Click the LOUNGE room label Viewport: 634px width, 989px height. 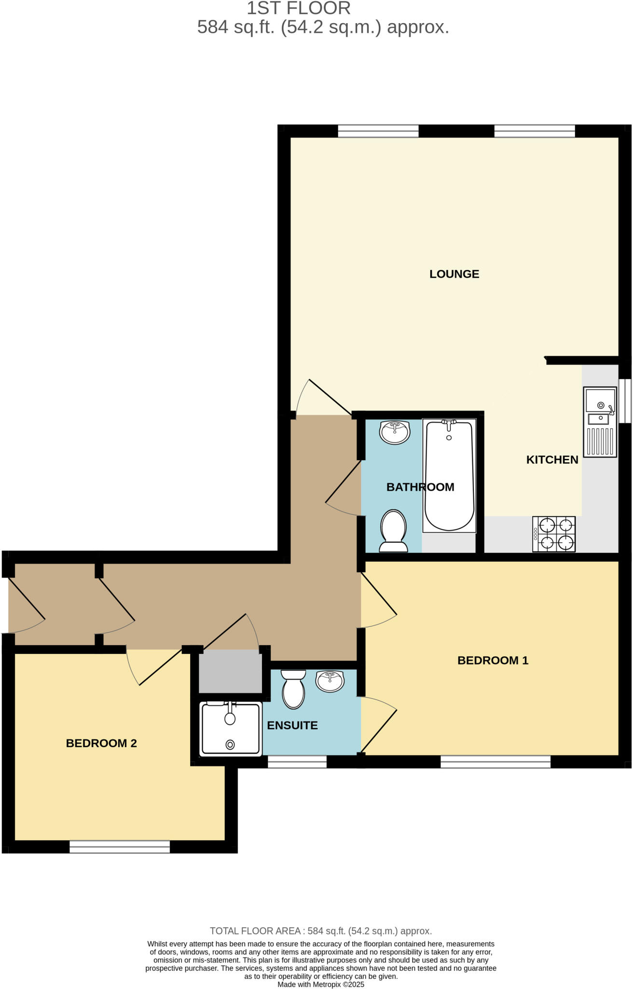pyautogui.click(x=454, y=274)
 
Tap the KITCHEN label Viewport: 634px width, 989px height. pyautogui.click(x=552, y=459)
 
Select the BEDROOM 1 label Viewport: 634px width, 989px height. pyautogui.click(x=493, y=660)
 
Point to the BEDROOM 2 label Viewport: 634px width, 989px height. pyautogui.click(x=101, y=743)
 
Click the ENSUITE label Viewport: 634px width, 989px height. pyautogui.click(x=292, y=725)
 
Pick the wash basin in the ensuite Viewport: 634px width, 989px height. pyautogui.click(x=330, y=681)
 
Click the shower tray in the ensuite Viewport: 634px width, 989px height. pyautogui.click(x=231, y=729)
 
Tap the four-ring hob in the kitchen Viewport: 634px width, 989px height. pyautogui.click(x=554, y=534)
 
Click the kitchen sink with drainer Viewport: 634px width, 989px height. pyautogui.click(x=600, y=422)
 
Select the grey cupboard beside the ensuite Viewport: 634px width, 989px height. pyautogui.click(x=230, y=671)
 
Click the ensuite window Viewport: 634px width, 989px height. pyautogui.click(x=297, y=762)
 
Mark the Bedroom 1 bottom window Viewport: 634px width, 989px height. pyautogui.click(x=496, y=762)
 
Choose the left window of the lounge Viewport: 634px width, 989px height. pyautogui.click(x=378, y=131)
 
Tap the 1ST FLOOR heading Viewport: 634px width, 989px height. pyautogui.click(x=299, y=8)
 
